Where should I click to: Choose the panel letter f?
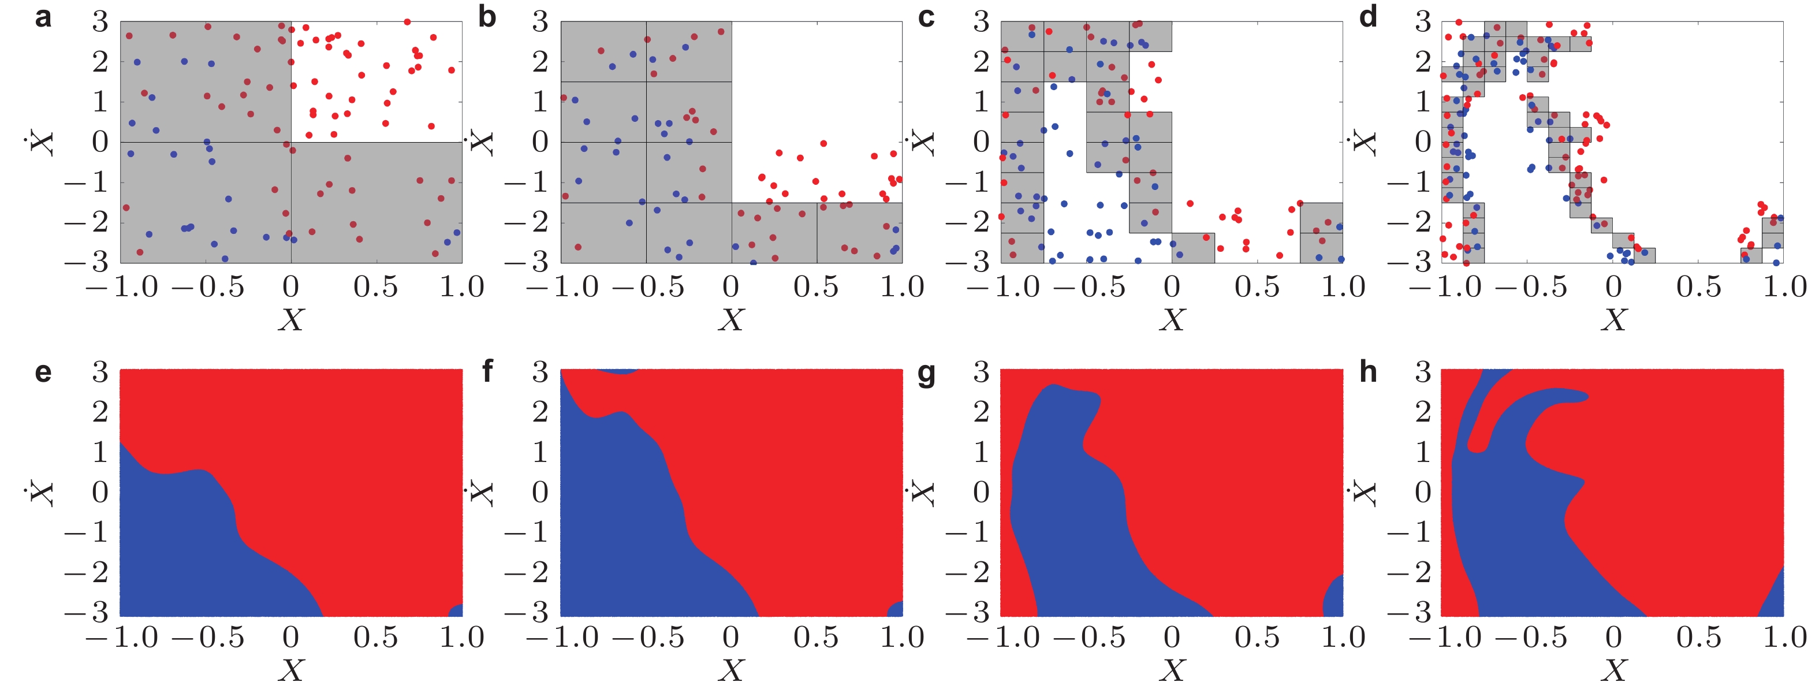coord(487,370)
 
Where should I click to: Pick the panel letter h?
coord(1368,370)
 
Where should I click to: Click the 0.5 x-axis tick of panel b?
coord(817,287)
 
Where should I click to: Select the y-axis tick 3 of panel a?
coord(100,23)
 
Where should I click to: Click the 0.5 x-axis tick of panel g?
coord(1257,638)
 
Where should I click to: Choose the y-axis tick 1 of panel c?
coord(981,102)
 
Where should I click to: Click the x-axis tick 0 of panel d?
coord(1613,287)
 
